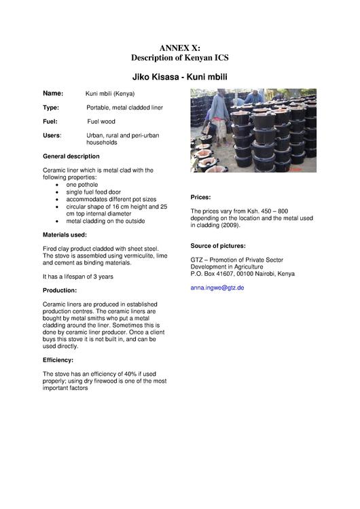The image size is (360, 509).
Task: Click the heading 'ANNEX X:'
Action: [x=179, y=48]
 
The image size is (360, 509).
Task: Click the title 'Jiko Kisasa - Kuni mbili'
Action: [x=179, y=76]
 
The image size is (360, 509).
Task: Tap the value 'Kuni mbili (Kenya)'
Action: [x=110, y=94]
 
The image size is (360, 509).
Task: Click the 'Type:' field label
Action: [x=51, y=107]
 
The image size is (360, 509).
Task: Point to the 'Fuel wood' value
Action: [x=101, y=122]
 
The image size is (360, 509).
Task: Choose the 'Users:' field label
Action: [x=52, y=135]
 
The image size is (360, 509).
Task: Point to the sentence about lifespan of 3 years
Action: [x=77, y=277]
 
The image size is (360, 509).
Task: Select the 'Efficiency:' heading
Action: [x=58, y=359]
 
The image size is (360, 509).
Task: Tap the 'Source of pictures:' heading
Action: [x=218, y=245]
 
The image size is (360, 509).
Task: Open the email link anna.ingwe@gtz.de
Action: [x=217, y=287]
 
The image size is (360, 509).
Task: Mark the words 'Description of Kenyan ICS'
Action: [x=179, y=58]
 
